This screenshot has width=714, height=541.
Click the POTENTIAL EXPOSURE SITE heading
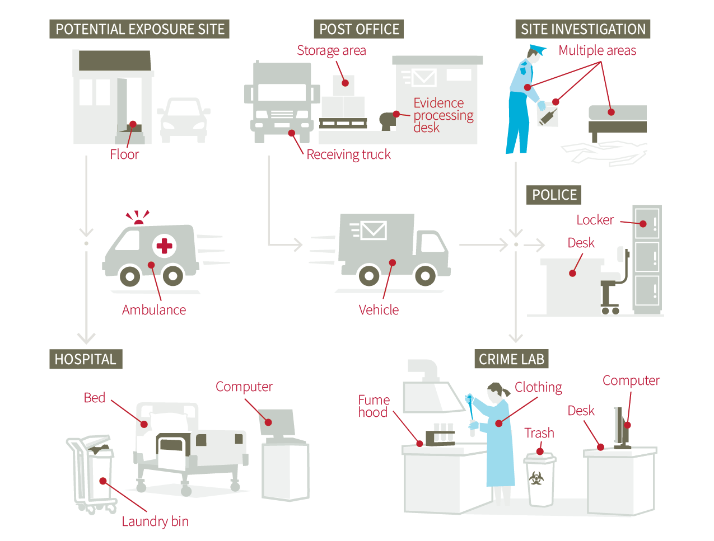[139, 29]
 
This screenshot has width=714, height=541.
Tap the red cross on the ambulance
[164, 246]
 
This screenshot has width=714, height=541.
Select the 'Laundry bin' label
[155, 521]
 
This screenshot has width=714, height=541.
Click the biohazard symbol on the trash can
[536, 479]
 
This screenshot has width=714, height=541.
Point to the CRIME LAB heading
[511, 359]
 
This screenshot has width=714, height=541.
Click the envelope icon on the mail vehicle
[374, 230]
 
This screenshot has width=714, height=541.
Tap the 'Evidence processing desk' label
[442, 115]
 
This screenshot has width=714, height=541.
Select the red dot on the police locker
[643, 224]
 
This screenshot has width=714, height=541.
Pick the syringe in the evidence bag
[548, 117]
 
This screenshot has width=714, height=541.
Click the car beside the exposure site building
[184, 120]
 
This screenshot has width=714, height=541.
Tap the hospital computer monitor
[277, 422]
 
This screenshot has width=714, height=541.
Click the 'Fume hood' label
[374, 406]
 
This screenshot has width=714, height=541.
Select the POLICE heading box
[554, 195]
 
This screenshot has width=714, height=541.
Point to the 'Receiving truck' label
[348, 155]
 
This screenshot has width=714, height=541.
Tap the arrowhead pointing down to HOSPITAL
[86, 337]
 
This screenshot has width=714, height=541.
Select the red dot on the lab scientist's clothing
[498, 424]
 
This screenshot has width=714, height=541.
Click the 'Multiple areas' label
[597, 51]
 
